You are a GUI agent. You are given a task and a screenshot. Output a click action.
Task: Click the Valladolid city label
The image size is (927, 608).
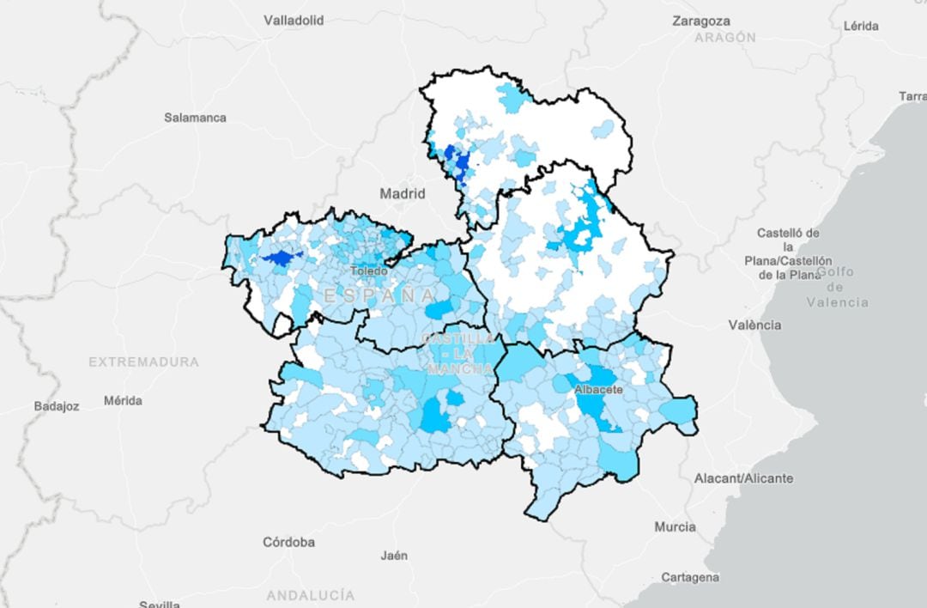(x=294, y=20)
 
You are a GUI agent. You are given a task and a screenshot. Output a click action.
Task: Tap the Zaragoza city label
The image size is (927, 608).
(x=701, y=21)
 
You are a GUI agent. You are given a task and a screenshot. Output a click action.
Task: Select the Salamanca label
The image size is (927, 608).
(x=195, y=117)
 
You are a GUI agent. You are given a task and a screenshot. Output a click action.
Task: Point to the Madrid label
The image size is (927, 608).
(x=403, y=194)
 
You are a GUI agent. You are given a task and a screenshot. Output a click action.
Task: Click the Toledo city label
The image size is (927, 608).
(x=368, y=271)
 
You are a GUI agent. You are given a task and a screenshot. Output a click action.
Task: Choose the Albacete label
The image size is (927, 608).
(x=598, y=389)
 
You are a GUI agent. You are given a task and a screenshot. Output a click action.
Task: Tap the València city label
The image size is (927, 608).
(x=754, y=325)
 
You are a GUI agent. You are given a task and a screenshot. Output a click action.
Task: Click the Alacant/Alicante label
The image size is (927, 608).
(x=743, y=477)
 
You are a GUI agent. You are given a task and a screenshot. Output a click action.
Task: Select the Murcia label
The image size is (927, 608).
(x=675, y=526)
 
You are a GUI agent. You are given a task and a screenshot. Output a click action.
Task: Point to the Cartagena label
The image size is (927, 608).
(x=690, y=577)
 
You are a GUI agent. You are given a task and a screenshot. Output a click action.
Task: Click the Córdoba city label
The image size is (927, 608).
(x=288, y=542)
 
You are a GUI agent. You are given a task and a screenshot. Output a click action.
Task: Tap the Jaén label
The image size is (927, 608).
(x=394, y=555)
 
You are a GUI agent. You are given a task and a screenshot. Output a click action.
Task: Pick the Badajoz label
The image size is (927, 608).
(x=57, y=405)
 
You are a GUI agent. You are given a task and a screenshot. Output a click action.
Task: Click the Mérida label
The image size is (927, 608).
(x=123, y=400)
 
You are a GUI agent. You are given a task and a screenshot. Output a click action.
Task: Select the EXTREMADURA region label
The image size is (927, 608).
(x=143, y=362)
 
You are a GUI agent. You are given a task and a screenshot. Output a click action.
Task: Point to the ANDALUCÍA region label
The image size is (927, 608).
(x=310, y=594)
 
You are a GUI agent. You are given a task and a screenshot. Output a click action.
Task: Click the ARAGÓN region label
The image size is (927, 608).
(x=725, y=38)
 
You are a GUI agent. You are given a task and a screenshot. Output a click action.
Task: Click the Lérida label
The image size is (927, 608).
(x=861, y=26)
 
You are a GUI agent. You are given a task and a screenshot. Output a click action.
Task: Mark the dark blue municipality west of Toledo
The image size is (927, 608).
(x=277, y=258)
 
